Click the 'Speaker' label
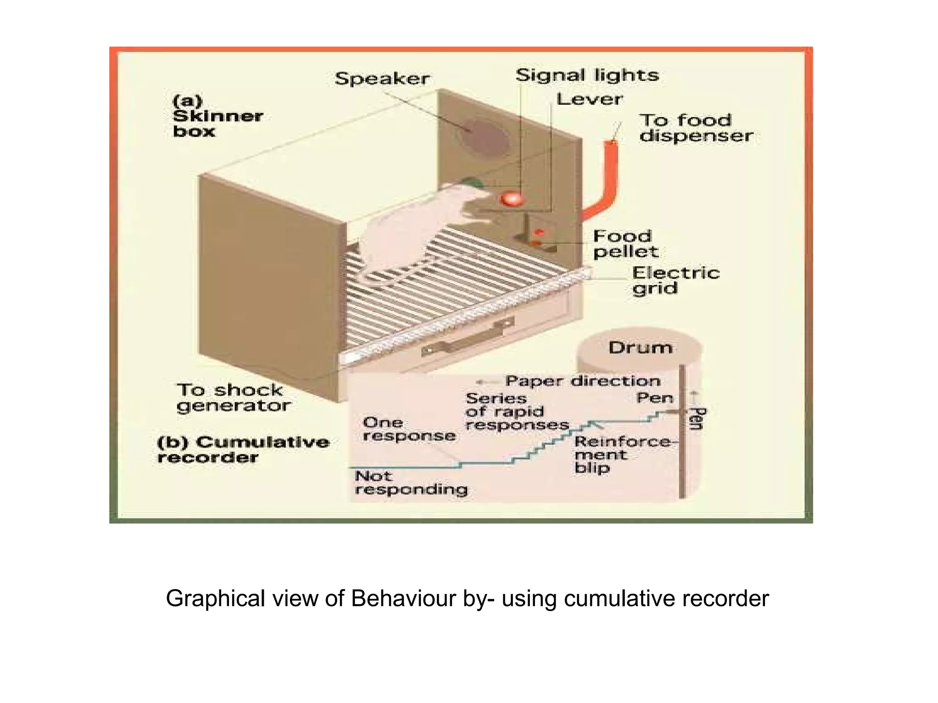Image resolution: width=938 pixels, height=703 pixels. click(x=382, y=79)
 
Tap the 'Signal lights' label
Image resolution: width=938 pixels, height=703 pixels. click(x=587, y=75)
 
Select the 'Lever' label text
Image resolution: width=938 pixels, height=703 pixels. click(x=589, y=99)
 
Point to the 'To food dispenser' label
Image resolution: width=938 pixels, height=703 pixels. click(x=695, y=128)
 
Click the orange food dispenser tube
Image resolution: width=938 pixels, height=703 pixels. click(x=610, y=183)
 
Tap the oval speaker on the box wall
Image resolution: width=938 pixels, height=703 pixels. click(x=485, y=137)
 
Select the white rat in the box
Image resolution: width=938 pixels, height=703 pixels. click(x=412, y=229)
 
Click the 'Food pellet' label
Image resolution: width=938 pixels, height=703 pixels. click(x=625, y=244)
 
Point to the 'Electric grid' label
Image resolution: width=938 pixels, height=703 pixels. click(x=675, y=281)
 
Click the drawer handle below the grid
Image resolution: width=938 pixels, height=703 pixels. click(x=467, y=338)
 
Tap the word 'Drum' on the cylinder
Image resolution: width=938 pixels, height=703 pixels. click(x=640, y=348)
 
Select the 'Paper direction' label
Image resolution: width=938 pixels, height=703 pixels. click(x=583, y=381)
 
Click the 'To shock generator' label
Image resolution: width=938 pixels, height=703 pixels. click(x=234, y=398)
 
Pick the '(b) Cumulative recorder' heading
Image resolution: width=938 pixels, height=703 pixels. click(x=243, y=449)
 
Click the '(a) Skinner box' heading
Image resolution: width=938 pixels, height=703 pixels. click(x=217, y=116)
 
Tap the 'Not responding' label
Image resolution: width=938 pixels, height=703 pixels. click(x=410, y=483)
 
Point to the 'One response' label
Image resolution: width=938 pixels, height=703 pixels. click(x=409, y=429)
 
